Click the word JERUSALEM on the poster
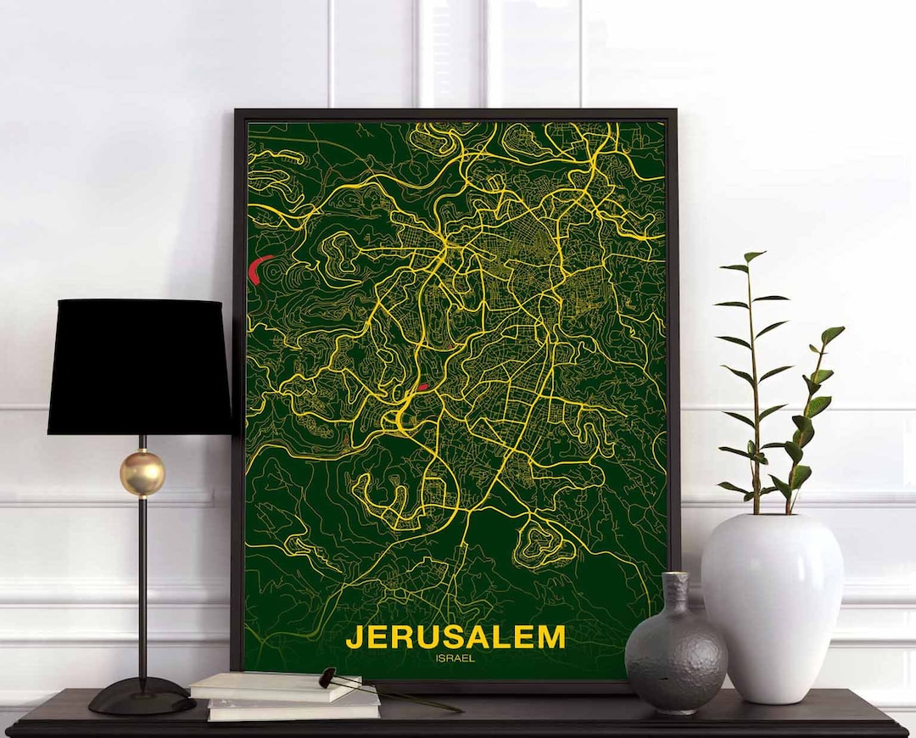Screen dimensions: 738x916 point(455,636)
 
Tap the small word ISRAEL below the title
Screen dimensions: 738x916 point(455,657)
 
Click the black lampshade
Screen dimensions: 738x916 point(139,366)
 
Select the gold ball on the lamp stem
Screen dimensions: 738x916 point(142,473)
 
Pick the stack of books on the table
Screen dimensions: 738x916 point(284,696)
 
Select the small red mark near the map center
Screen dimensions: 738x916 point(422,388)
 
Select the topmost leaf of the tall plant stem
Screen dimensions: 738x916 point(753,255)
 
